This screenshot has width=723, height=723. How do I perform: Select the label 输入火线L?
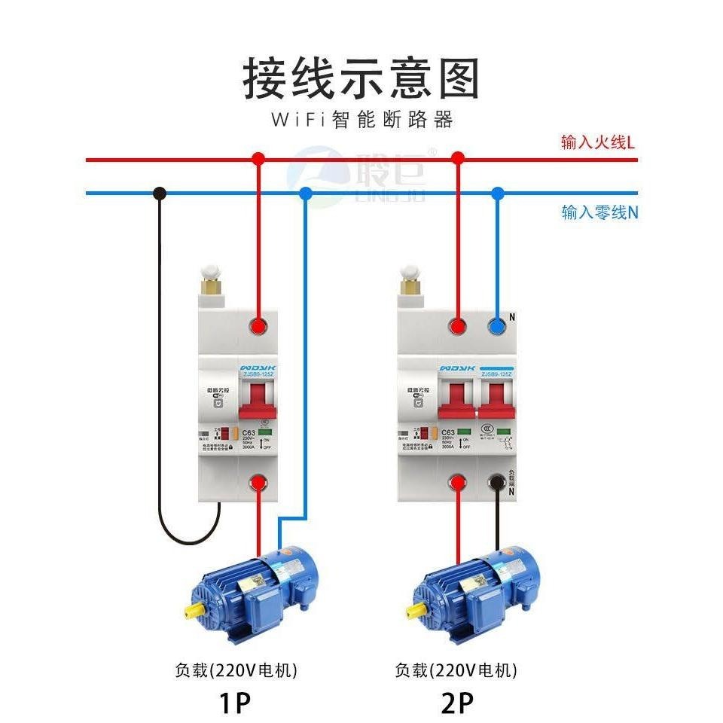[598, 142]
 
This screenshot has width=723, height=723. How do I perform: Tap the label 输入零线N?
[599, 212]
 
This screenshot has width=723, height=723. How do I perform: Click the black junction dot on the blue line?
[159, 193]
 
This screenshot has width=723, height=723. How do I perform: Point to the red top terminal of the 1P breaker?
[258, 326]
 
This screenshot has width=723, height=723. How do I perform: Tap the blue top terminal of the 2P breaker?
[497, 326]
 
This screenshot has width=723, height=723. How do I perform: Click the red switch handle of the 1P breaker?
[258, 399]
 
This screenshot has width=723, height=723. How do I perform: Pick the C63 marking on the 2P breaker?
[447, 433]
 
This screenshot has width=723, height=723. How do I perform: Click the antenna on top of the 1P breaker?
[210, 282]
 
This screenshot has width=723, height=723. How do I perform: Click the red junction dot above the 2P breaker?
[457, 158]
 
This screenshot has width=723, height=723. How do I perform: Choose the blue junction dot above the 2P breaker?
[497, 193]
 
